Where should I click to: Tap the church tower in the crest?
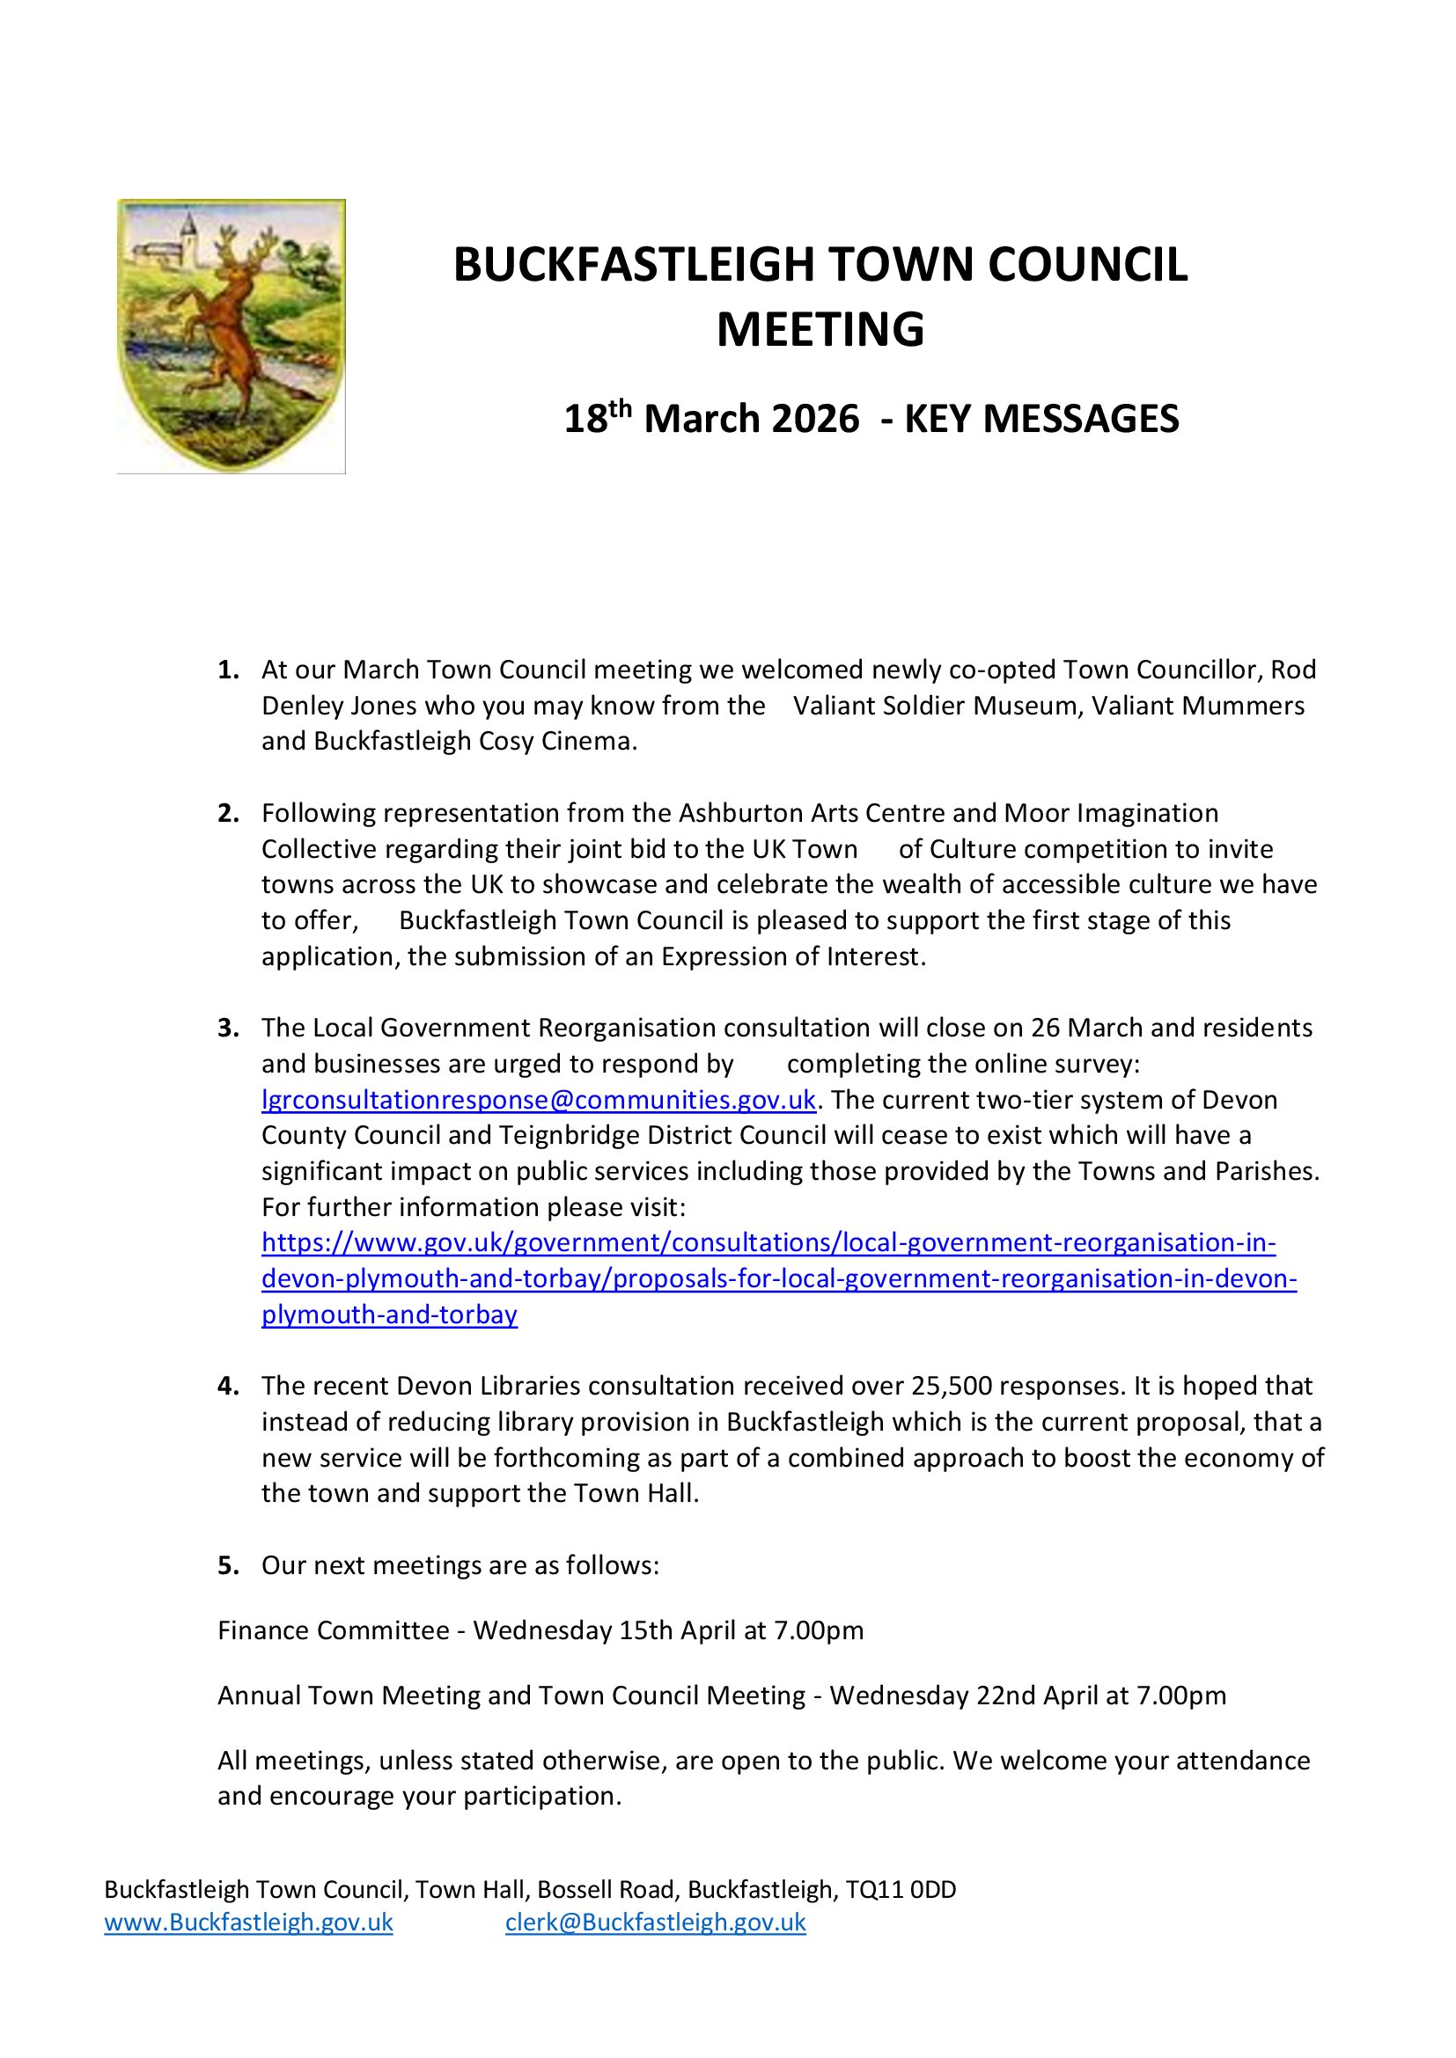[x=189, y=238]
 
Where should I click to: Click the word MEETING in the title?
[x=820, y=329]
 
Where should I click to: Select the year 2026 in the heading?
[x=813, y=420]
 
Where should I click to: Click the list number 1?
[x=228, y=670]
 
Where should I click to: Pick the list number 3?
[x=228, y=1028]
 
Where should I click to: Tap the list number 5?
[x=228, y=1565]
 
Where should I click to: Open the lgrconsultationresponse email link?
[x=538, y=1100]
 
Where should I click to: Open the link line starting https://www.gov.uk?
[x=768, y=1243]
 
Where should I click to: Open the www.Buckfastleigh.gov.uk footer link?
[x=248, y=1922]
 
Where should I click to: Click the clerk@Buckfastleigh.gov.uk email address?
[x=656, y=1922]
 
